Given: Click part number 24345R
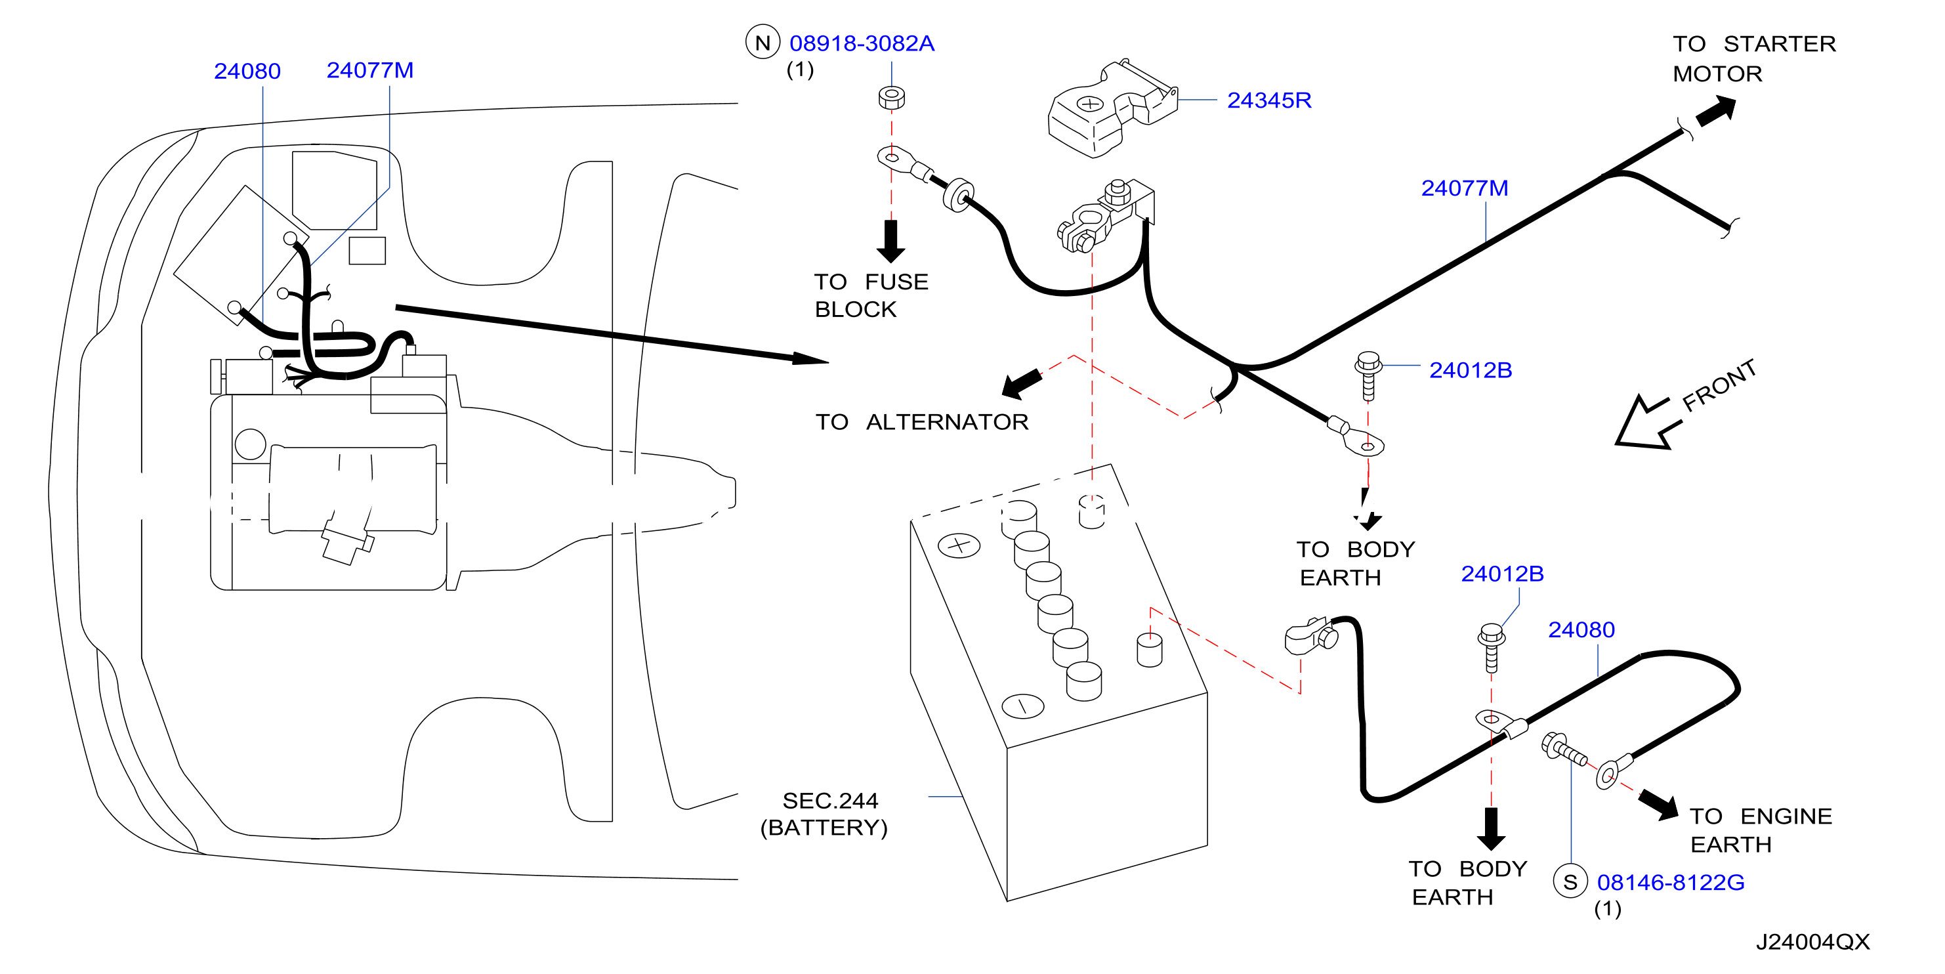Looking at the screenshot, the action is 1268,100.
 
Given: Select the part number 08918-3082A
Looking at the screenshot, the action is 862,44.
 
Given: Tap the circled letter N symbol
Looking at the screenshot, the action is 763,42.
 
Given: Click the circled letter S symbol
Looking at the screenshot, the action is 1570,881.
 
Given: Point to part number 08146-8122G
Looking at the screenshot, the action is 1670,882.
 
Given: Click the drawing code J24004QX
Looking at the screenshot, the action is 1812,942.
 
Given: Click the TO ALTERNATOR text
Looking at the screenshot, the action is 922,421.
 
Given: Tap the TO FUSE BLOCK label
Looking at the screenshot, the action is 871,295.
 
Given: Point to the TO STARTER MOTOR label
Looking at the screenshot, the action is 1754,58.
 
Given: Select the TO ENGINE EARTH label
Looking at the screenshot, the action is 1761,830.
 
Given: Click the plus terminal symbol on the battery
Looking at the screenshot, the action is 959,545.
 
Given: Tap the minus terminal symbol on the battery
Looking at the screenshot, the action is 1022,707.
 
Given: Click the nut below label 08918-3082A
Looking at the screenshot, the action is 892,97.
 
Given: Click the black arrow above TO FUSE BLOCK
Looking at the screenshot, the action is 891,242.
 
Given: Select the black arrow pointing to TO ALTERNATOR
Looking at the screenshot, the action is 1022,383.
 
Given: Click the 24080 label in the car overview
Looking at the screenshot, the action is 247,71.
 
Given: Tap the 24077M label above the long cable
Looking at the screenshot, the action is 1464,188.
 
